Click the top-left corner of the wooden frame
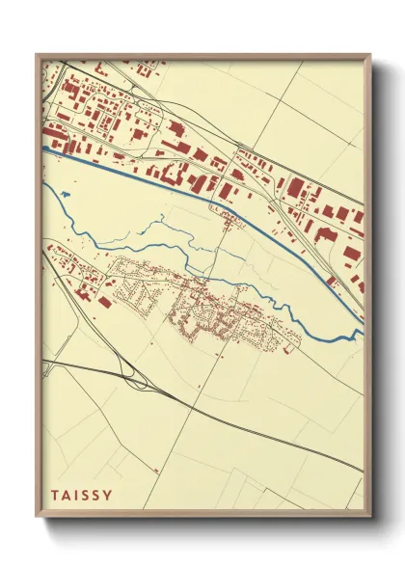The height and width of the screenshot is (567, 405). (x=38, y=56)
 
